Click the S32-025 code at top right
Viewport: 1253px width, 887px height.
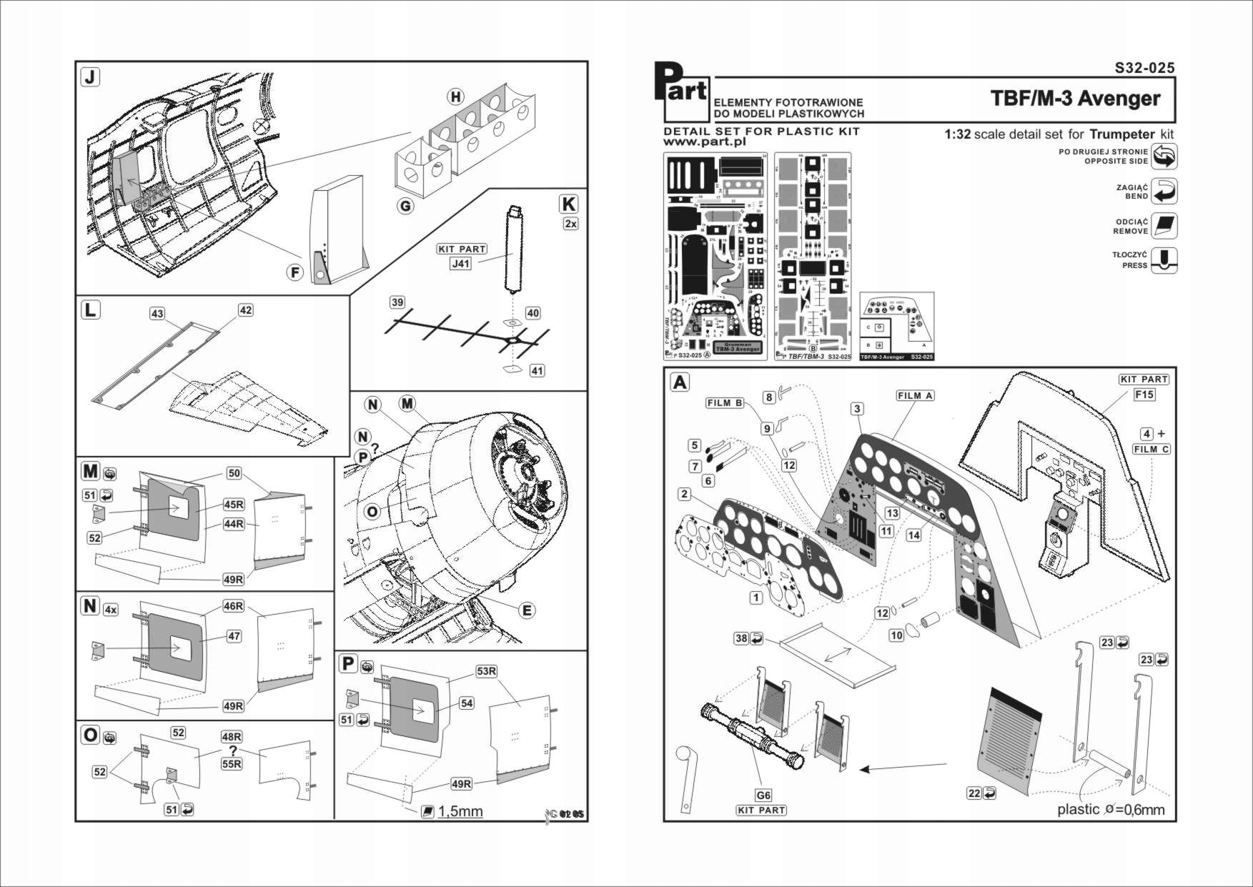coord(1144,68)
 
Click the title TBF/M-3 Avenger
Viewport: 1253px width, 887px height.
coord(1074,98)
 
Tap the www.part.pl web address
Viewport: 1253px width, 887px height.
coord(705,142)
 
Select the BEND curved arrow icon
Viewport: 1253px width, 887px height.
coord(1164,192)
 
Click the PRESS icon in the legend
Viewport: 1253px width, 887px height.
coord(1164,260)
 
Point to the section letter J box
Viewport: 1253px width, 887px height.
coord(90,76)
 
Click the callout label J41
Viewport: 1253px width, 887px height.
coord(461,264)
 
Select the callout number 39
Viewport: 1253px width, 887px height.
coord(397,302)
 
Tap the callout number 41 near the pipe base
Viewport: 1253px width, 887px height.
coord(537,371)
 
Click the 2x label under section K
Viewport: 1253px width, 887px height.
coord(570,224)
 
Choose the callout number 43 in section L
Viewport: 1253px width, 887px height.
coord(157,314)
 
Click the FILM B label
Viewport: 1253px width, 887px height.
coord(724,403)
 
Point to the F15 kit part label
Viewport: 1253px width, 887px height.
coord(1144,395)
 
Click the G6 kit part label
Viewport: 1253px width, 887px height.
coord(763,796)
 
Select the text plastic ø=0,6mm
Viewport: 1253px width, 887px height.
coord(1110,809)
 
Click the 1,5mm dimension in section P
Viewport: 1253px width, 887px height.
coord(460,811)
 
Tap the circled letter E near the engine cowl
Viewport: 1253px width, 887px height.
coord(527,610)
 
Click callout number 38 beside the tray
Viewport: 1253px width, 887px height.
coord(741,638)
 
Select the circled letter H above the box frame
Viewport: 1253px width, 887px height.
coord(455,97)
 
